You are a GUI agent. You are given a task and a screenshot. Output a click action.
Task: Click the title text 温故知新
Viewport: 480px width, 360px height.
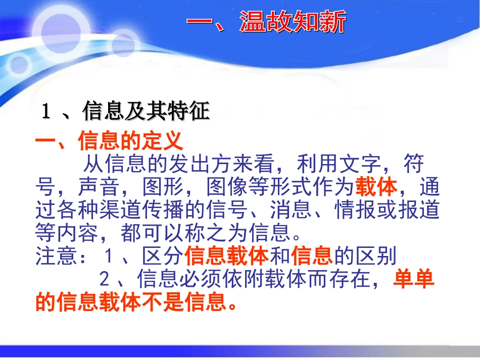tap(293, 23)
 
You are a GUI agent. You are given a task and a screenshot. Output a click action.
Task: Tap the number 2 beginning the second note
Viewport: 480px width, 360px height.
tap(105, 279)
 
